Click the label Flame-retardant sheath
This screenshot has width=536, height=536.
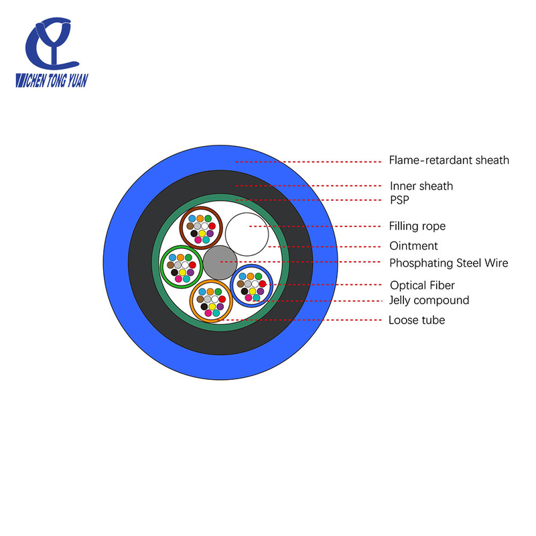[x=449, y=160]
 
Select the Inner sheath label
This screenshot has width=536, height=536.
[x=421, y=186]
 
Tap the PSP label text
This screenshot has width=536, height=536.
[x=399, y=200]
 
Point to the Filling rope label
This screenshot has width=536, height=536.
[x=417, y=226]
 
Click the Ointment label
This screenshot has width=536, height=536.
[x=413, y=246]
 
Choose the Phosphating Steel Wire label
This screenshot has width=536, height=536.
[x=448, y=263]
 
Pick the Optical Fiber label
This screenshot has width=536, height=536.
[x=422, y=285]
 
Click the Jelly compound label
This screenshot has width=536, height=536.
[x=429, y=300]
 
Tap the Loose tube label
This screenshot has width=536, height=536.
[x=417, y=320]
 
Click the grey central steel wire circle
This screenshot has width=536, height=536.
[x=220, y=263]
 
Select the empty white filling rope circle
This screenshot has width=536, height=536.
[x=247, y=234]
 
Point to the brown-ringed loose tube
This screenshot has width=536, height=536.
[x=202, y=228]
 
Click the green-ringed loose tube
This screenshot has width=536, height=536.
[x=182, y=267]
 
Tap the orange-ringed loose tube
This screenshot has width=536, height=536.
[x=211, y=301]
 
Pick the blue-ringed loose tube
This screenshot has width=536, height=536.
[x=252, y=286]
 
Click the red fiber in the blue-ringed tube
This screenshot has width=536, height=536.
[x=263, y=283]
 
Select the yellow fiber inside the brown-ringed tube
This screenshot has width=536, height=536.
[x=202, y=233]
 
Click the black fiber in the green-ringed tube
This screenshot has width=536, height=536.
[x=174, y=273]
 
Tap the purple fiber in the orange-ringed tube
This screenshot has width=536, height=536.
[x=220, y=307]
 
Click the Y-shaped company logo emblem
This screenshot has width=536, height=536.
[x=52, y=44]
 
